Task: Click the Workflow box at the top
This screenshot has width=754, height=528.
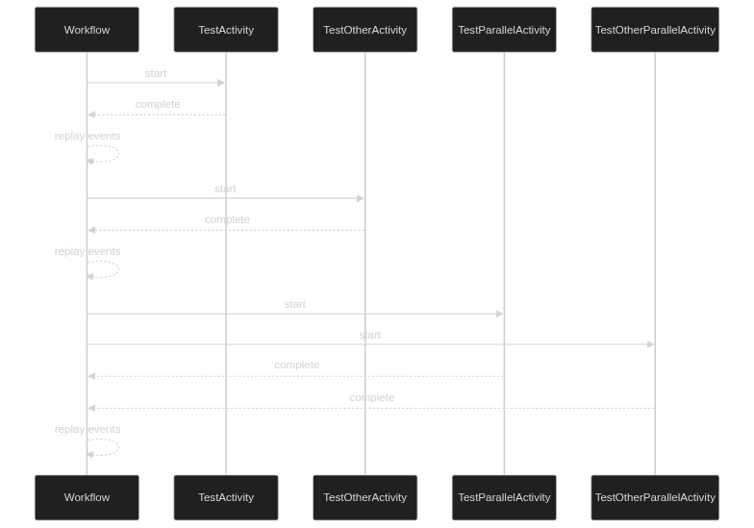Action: tap(87, 30)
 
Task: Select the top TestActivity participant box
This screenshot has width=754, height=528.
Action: tap(226, 30)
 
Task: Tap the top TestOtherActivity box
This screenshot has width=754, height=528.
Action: tap(364, 30)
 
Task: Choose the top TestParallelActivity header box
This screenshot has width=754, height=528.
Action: tap(504, 30)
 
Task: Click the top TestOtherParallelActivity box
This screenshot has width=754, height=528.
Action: tap(655, 30)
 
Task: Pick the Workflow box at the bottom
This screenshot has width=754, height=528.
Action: tap(87, 497)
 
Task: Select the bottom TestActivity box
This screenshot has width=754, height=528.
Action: tap(226, 497)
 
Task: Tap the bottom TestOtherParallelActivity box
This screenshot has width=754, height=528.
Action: tap(655, 497)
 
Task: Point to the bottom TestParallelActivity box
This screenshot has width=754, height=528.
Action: tap(504, 497)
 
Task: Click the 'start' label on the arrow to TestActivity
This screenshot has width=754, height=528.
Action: tap(156, 73)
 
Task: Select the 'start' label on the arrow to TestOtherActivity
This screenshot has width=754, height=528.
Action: tap(225, 189)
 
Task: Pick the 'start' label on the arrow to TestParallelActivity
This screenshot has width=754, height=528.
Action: tap(295, 304)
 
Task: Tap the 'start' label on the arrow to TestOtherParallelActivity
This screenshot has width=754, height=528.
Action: tap(370, 335)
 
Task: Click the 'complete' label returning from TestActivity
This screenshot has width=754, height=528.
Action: tap(157, 104)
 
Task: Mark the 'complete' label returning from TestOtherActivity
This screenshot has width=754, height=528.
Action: tap(227, 219)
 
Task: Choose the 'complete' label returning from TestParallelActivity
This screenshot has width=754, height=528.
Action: tap(296, 365)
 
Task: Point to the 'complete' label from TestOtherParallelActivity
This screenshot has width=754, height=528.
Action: tap(371, 397)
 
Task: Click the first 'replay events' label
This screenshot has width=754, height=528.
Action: tap(88, 136)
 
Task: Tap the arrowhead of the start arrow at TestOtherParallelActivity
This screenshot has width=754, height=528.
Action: tap(651, 344)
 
